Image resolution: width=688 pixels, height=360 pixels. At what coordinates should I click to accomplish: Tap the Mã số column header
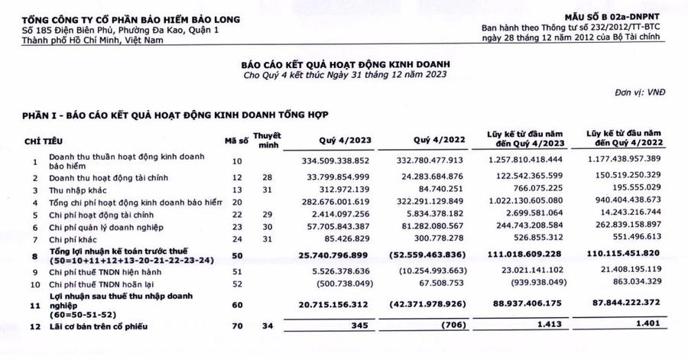tap(235, 141)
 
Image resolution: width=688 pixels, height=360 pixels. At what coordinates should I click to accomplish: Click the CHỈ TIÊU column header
tap(44, 141)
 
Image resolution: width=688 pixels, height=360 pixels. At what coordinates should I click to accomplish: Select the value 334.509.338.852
tap(336, 161)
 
